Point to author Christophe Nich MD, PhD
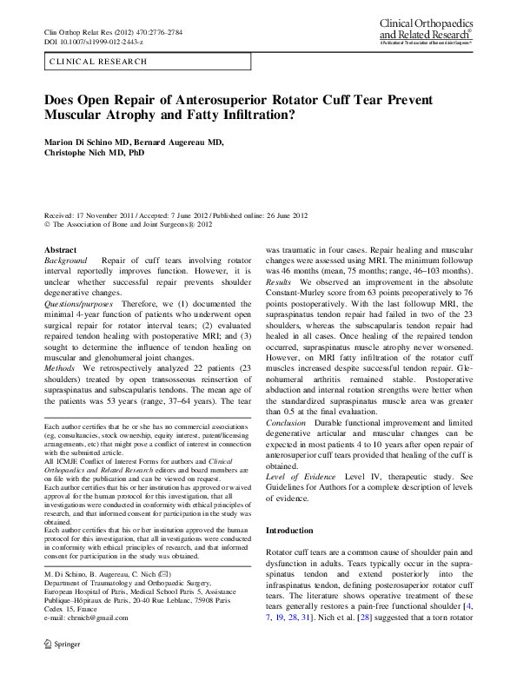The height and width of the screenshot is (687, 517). point(95,154)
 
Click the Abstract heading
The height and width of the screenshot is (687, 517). point(60,249)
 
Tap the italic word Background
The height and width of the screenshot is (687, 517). point(65,261)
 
